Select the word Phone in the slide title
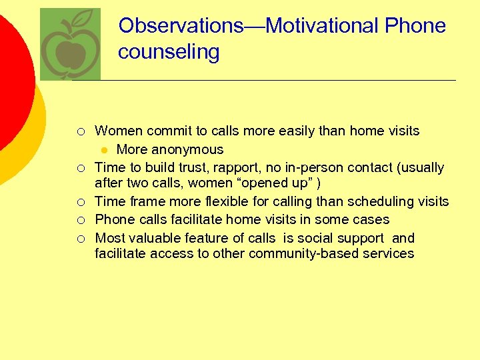coord(415,26)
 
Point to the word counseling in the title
coord(169,52)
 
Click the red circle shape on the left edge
coord(13,80)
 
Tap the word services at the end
coord(389,253)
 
